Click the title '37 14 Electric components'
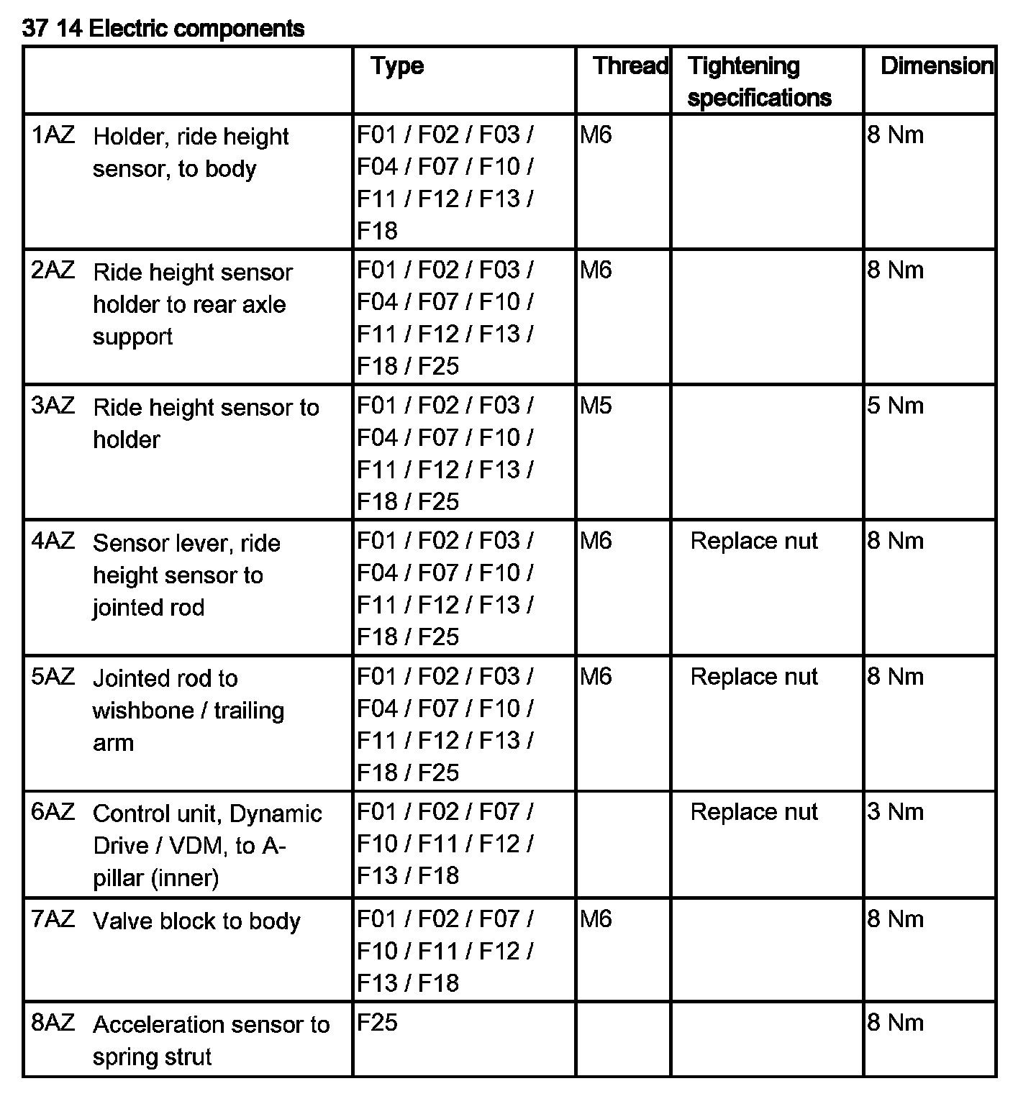[163, 29]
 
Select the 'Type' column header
[397, 66]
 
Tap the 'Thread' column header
[630, 66]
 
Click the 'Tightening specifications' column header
[759, 81]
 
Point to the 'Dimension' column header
[936, 66]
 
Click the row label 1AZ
[53, 135]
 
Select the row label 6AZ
[53, 812]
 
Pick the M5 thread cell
[596, 406]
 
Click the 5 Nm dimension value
[895, 406]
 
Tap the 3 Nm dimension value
[895, 812]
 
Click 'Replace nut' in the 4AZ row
[754, 541]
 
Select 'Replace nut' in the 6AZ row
[754, 812]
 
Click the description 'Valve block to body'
[196, 921]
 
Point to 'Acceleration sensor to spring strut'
[210, 1040]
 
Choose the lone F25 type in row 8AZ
[377, 1023]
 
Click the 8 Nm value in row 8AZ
[895, 1023]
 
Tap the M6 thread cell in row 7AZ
[596, 919]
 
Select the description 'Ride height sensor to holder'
[205, 423]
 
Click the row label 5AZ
[53, 677]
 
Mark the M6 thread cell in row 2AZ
[596, 270]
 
